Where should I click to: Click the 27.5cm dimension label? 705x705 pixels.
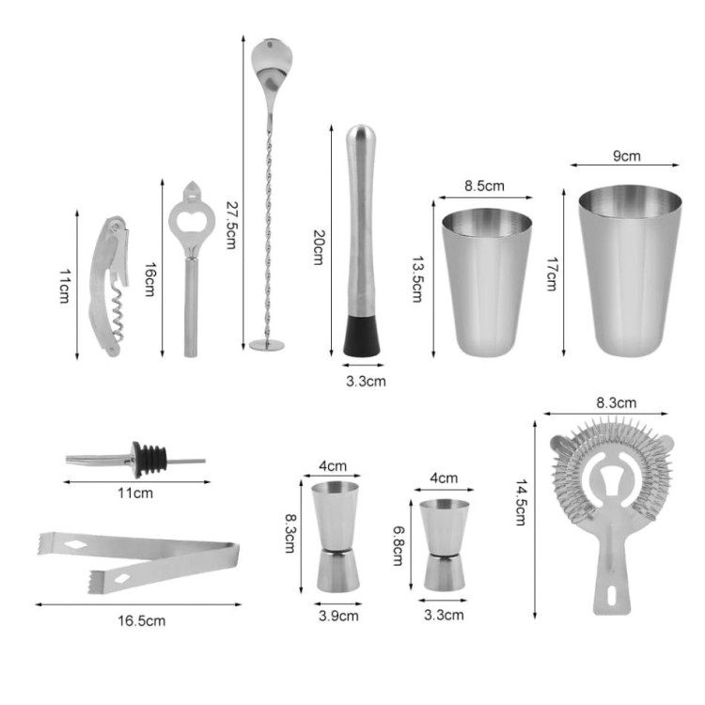coord(231,225)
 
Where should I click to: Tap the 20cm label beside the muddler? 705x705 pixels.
coord(319,247)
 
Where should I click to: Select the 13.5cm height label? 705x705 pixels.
coord(418,279)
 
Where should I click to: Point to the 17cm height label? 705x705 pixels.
coord(552,274)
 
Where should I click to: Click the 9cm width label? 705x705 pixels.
coord(627,156)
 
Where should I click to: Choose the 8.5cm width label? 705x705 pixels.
coord(484,186)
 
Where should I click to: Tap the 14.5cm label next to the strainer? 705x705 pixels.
coord(521,502)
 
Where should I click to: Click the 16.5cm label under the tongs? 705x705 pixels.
coord(142,621)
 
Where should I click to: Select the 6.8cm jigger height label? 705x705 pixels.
coord(399,546)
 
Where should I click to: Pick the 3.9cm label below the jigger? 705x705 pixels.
coord(338,616)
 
